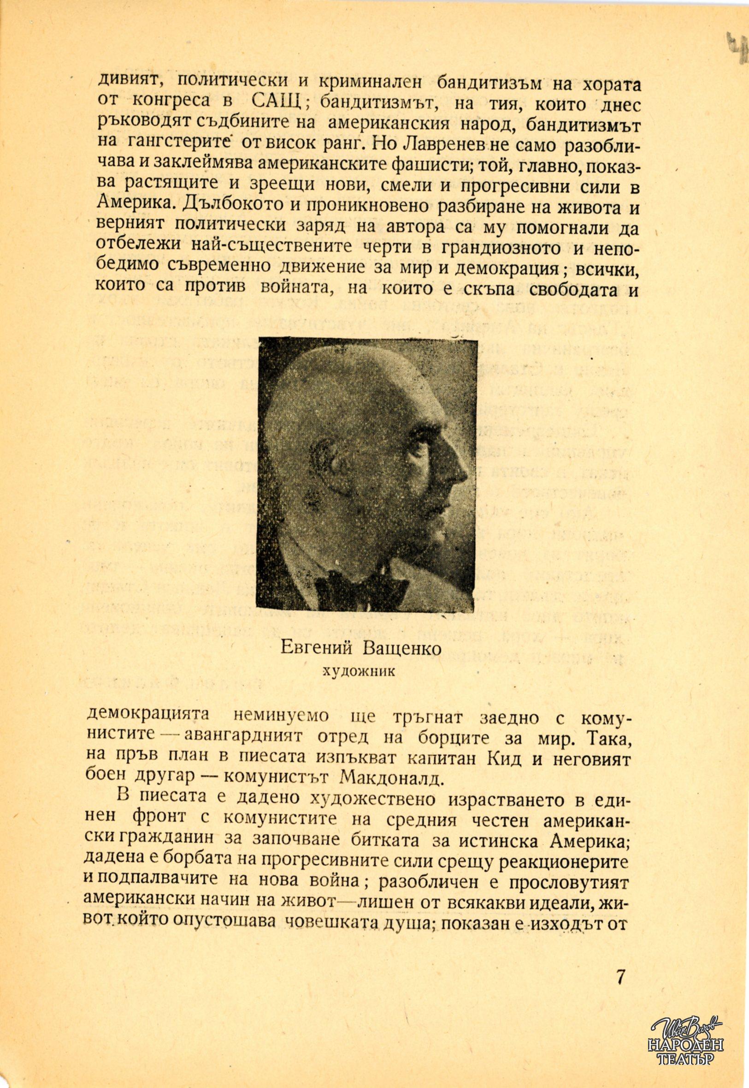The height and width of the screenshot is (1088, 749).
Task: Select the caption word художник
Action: pyautogui.click(x=359, y=671)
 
